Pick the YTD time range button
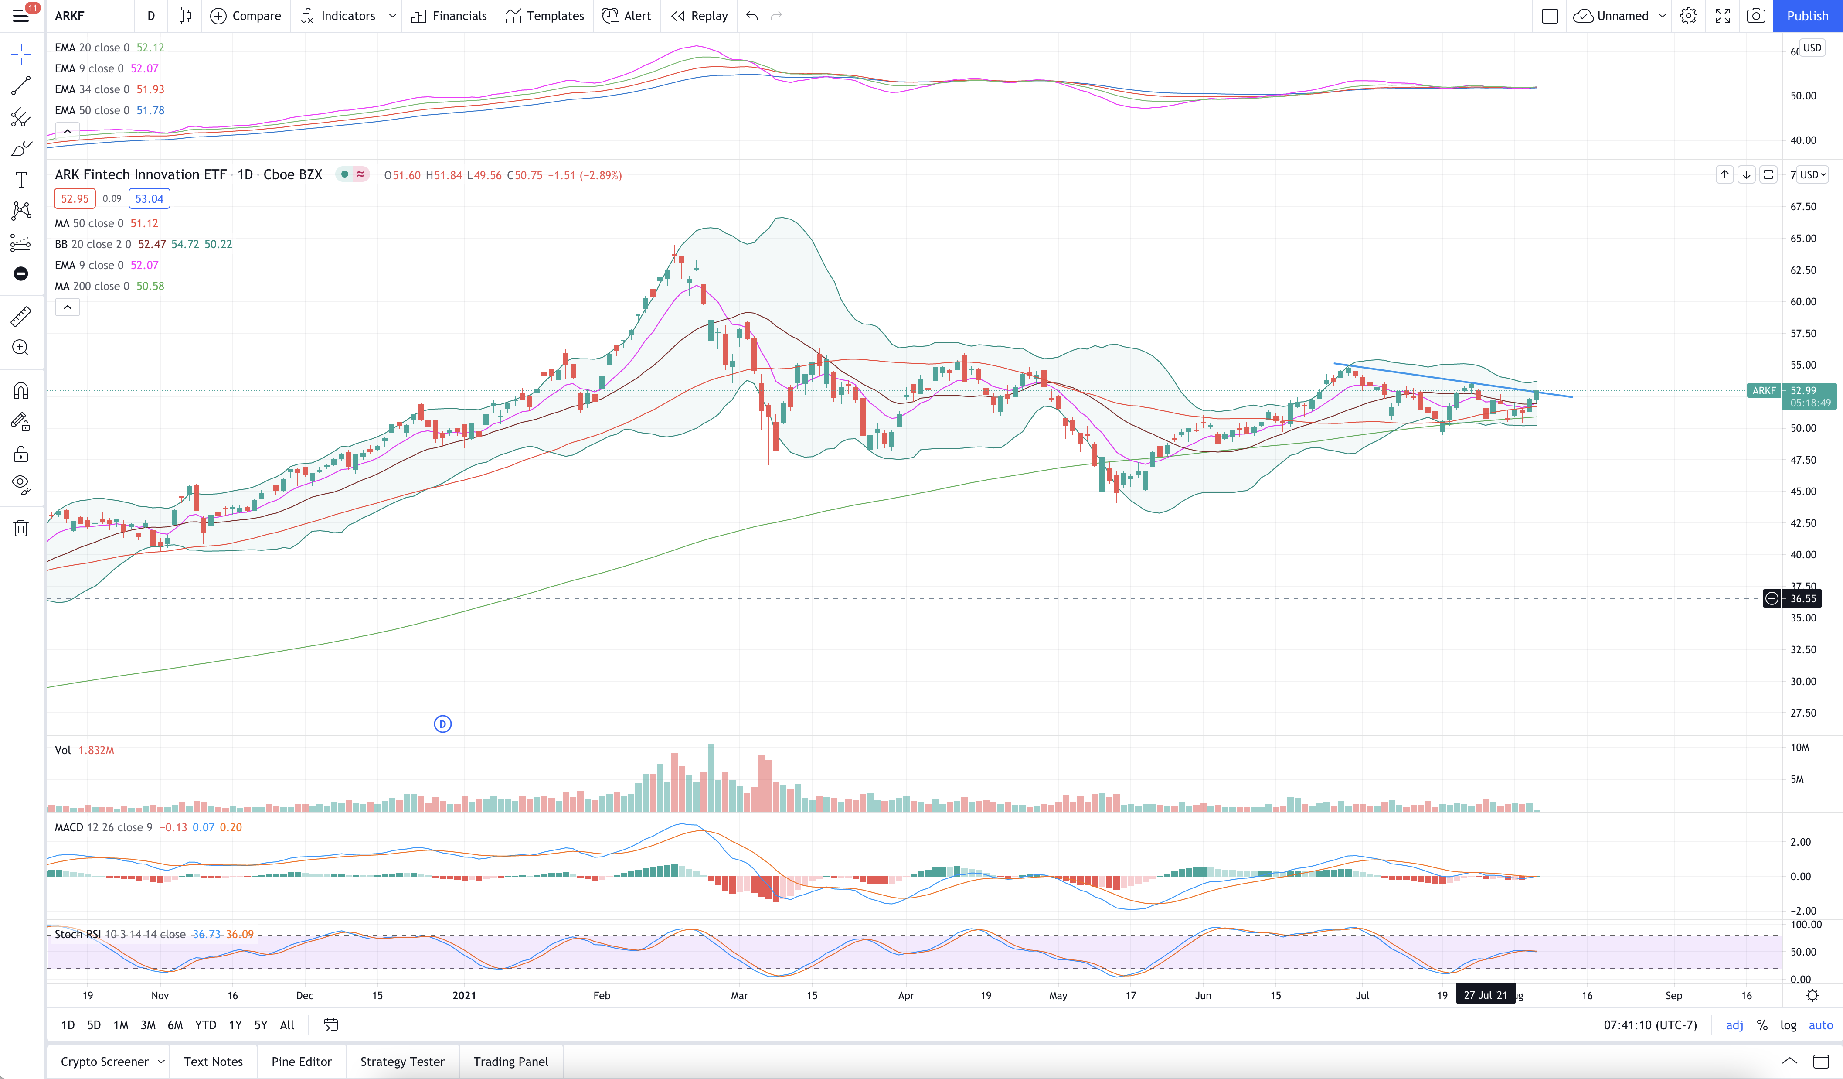point(205,1025)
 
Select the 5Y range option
point(260,1025)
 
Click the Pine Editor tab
point(301,1062)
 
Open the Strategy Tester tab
point(402,1062)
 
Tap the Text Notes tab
point(213,1062)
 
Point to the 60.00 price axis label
point(1803,301)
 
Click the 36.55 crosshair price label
point(1803,598)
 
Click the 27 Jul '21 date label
point(1486,995)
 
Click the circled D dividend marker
point(442,724)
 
